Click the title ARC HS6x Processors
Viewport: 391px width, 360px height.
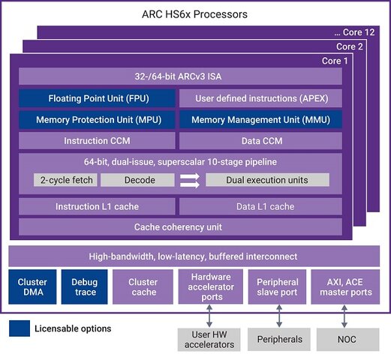194,14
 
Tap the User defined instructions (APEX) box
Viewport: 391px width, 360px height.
260,98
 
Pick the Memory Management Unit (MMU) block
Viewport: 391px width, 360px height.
260,119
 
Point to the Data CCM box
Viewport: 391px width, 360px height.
260,140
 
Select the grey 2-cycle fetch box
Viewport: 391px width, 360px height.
65,180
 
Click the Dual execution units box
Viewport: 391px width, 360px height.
267,180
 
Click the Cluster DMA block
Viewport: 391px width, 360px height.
32,286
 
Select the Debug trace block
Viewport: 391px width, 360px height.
86,286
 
